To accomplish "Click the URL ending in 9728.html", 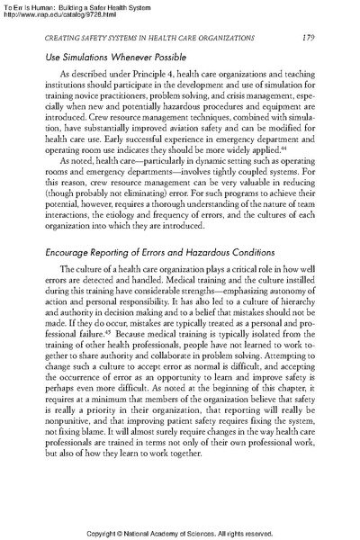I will pyautogui.click(x=55, y=13).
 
